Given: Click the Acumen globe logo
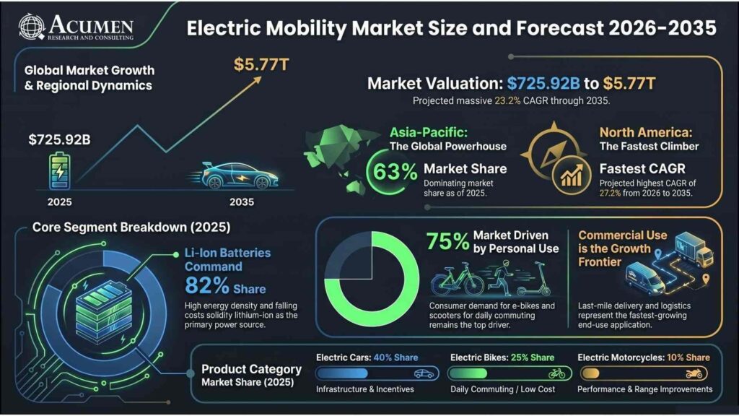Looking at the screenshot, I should (x=32, y=27).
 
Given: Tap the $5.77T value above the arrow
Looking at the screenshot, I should (x=261, y=65).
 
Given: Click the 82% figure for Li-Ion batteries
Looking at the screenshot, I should (x=208, y=285).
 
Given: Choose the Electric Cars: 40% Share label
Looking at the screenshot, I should (x=367, y=357).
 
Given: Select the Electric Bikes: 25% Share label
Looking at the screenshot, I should (x=502, y=357).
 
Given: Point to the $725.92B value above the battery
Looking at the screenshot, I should (x=59, y=139).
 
